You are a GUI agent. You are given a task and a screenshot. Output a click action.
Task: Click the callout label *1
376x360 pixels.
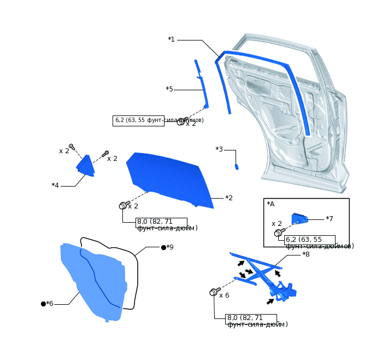click(171, 39)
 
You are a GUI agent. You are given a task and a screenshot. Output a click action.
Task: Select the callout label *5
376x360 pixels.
click(169, 89)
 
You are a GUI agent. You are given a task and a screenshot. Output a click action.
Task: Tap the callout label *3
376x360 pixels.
click(219, 149)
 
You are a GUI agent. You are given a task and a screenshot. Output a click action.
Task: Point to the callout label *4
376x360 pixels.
click(55, 185)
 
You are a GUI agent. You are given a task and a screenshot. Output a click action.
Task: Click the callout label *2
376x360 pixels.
click(229, 198)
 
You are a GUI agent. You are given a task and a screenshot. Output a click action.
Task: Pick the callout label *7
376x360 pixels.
click(330, 219)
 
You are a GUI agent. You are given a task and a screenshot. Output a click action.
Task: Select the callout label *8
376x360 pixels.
click(306, 254)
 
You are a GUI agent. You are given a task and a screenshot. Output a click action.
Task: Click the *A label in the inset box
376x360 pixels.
click(271, 204)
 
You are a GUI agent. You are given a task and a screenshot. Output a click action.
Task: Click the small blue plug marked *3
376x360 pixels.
click(237, 166)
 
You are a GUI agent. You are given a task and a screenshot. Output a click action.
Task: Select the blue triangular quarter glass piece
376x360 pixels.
click(85, 166)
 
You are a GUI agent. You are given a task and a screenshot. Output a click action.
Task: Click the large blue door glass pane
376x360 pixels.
click(169, 178)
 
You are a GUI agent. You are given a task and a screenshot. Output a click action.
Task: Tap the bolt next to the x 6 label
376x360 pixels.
click(214, 292)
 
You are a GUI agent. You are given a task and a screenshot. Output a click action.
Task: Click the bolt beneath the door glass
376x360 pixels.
click(123, 206)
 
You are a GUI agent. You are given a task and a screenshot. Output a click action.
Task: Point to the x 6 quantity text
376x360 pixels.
click(224, 295)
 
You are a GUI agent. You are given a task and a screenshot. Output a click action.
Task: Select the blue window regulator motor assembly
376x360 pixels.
click(285, 292)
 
